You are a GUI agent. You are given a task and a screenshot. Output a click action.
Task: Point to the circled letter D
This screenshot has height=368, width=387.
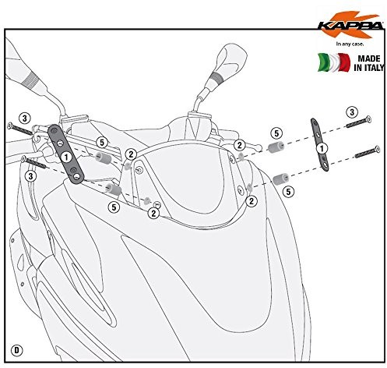tap(17, 346)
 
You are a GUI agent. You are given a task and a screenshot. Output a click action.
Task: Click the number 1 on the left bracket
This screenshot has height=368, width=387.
tap(67, 155)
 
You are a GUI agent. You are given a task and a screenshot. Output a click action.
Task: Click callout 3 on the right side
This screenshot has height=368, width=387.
tap(352, 112)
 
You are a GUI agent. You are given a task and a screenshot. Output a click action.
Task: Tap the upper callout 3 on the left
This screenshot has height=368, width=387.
tap(24, 118)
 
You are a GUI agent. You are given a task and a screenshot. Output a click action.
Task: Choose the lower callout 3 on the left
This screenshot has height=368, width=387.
tap(30, 177)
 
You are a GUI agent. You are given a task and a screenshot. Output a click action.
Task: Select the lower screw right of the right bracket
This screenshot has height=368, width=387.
tap(363, 155)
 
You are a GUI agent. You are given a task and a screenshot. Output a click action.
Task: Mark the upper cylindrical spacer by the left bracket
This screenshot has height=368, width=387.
tap(101, 158)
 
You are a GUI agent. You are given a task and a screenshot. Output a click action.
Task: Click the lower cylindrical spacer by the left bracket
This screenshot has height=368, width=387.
tap(112, 189)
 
